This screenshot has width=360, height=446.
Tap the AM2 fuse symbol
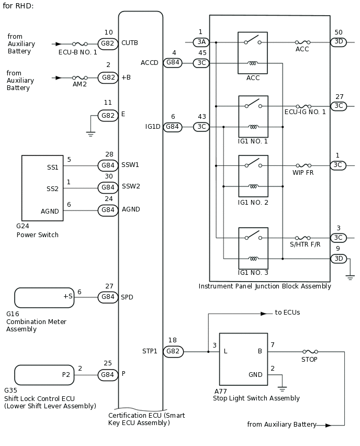tap(80, 77)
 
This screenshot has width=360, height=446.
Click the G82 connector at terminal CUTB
tap(108, 43)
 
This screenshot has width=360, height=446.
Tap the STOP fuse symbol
tap(309, 352)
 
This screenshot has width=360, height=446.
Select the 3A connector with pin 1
tap(200, 42)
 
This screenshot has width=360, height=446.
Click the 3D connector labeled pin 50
tap(339, 42)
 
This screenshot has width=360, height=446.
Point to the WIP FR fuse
tap(303, 165)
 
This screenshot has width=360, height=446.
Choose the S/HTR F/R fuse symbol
tap(303, 237)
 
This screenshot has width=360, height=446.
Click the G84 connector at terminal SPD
tap(108, 297)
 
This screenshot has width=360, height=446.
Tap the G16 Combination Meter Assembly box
tap(44, 297)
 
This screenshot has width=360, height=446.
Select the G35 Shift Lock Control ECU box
tap(44, 374)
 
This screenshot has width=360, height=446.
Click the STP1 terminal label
tap(150, 351)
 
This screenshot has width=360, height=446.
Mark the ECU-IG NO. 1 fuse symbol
tap(303, 106)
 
